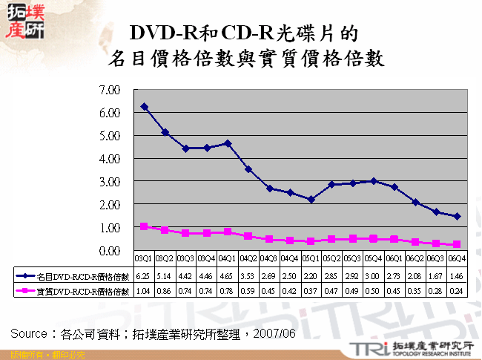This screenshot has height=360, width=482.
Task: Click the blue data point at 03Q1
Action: click(144, 107)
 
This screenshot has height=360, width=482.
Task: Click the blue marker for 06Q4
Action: click(457, 216)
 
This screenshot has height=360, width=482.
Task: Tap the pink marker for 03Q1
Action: click(144, 226)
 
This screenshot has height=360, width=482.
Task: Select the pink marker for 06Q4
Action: click(457, 244)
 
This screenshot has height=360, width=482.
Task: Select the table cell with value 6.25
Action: click(144, 275)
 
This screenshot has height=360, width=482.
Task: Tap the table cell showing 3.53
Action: click(248, 275)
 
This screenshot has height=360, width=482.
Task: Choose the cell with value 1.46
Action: click(457, 275)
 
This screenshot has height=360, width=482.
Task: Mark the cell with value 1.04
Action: click(144, 292)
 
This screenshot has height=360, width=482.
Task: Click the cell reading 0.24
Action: click(457, 292)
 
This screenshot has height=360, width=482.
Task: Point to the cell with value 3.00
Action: click(374, 275)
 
